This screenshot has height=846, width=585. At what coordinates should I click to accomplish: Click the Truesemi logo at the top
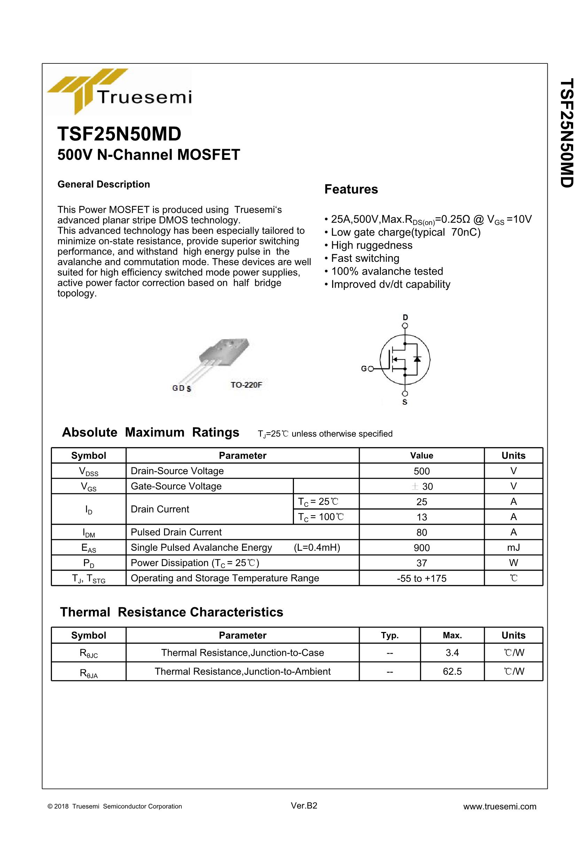click(119, 92)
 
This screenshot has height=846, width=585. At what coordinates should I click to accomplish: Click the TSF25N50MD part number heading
click(119, 134)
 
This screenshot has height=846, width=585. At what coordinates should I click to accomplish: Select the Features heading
click(351, 189)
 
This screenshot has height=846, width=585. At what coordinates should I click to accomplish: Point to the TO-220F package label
click(246, 385)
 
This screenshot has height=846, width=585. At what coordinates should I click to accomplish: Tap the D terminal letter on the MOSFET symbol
click(405, 317)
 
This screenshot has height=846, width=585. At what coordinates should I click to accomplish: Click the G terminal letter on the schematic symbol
click(364, 368)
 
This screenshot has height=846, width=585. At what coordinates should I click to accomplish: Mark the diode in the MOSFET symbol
click(417, 358)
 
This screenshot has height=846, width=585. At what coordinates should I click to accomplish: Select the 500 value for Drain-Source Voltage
click(422, 471)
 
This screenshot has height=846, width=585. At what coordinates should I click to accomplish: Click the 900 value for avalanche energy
click(422, 548)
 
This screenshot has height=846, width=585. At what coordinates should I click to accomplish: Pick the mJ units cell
click(513, 547)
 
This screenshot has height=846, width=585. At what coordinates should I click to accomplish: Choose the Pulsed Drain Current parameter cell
click(176, 532)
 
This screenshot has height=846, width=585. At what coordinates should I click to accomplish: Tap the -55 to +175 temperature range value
click(422, 579)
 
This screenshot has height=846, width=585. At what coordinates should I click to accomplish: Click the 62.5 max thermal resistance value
click(452, 671)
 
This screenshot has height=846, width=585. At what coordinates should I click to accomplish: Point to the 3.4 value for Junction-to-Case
click(452, 653)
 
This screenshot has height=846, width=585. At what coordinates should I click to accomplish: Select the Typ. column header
click(390, 635)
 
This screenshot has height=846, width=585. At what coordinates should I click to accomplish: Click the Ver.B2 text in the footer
click(304, 806)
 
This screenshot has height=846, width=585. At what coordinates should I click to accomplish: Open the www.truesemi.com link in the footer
click(500, 806)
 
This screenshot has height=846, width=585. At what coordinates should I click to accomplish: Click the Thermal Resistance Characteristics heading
click(172, 612)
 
